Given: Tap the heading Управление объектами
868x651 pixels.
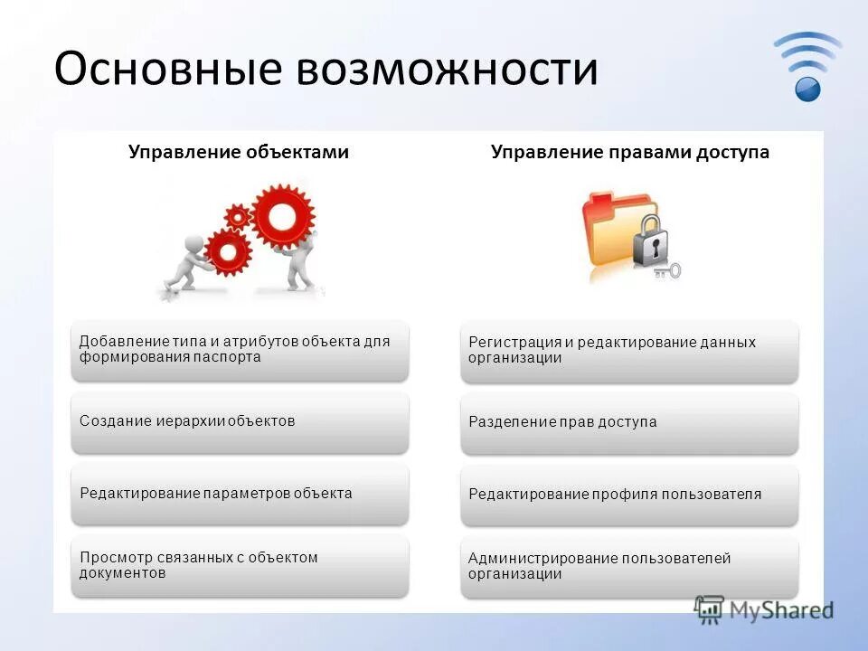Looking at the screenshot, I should (239, 153).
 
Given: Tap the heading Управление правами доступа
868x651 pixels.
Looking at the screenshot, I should (630, 153).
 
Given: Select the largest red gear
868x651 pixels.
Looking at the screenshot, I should (283, 215).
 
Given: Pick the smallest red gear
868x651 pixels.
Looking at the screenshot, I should (237, 216).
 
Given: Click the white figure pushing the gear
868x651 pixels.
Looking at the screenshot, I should (186, 263).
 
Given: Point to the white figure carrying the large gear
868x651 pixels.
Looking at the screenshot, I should (298, 265).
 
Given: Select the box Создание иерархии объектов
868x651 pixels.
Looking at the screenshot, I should (240, 422).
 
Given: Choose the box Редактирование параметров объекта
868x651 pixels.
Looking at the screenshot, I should (240, 495).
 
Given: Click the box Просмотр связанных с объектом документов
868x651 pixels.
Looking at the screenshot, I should (240, 566).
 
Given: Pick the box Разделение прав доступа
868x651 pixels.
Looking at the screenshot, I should (629, 422).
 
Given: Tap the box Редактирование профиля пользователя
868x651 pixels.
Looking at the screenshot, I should (629, 495).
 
